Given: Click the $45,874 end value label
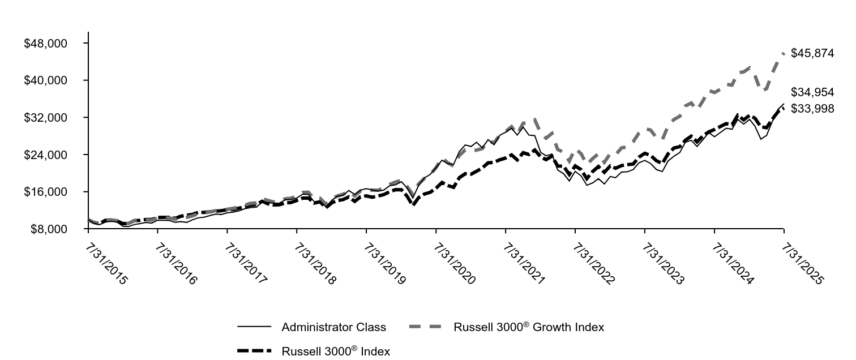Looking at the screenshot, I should (812, 54).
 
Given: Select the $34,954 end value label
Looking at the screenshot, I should (812, 92).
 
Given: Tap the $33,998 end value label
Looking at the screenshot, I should (812, 109).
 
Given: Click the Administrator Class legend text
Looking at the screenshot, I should (333, 327).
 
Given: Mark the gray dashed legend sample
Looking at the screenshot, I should (426, 327).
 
